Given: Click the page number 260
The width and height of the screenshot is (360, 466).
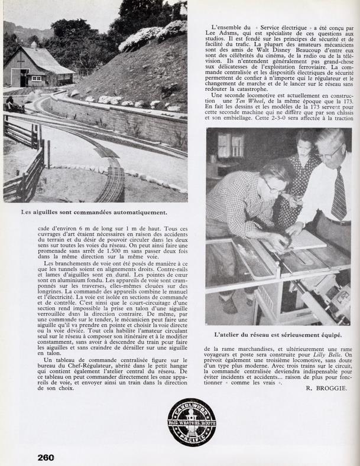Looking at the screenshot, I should (46, 457).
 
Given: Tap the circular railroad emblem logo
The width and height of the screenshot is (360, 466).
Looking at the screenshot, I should (192, 422).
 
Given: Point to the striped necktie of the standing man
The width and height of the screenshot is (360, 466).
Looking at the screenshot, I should (339, 195).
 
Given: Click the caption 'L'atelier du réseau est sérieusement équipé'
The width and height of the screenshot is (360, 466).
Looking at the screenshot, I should (278, 334).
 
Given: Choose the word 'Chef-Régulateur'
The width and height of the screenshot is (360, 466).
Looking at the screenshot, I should (87, 367).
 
